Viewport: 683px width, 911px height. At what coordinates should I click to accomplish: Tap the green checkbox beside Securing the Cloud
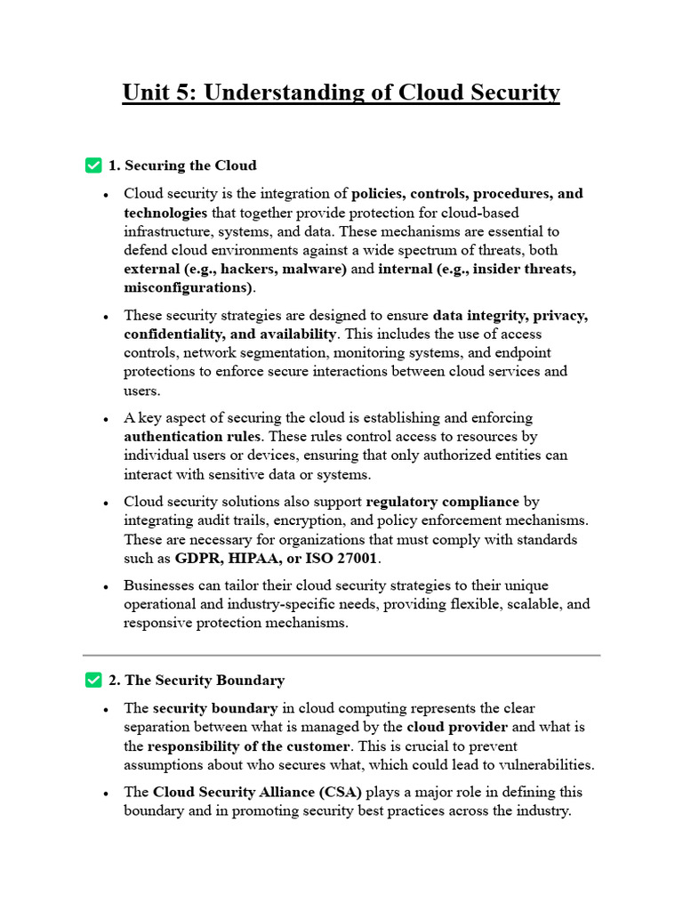(92, 165)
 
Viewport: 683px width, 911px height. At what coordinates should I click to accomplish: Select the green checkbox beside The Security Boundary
(92, 680)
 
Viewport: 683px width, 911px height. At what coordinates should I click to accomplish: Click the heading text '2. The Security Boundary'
(197, 681)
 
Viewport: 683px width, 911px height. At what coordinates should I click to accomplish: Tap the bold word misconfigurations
(188, 288)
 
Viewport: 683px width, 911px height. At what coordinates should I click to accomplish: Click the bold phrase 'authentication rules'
(192, 437)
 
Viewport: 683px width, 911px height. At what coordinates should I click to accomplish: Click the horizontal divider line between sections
(341, 655)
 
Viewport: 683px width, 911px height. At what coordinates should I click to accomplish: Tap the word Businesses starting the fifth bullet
(161, 585)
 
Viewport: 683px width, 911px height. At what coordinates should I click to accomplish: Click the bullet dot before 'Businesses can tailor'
(106, 587)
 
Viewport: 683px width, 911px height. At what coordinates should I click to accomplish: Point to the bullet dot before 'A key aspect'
(106, 419)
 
